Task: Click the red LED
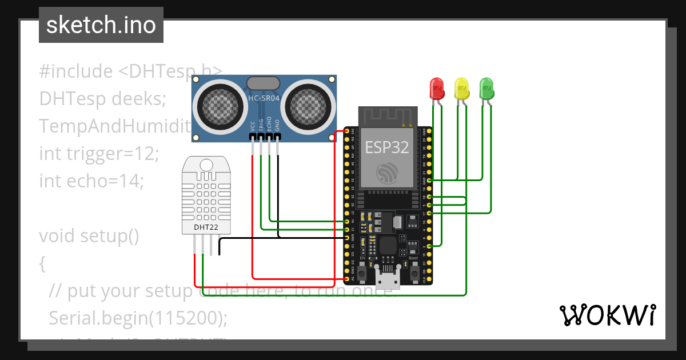coord(437,89)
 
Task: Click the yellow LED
coord(461,89)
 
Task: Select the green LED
coord(486,89)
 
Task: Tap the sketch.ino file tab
coord(101,25)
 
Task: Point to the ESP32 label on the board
coord(388,147)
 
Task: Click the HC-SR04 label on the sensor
coord(264,98)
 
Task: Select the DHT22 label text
coord(205,227)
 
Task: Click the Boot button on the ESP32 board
coord(414,269)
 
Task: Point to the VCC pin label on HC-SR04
coord(253,126)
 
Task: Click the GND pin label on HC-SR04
coord(278,126)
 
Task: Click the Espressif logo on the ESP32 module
coord(387,173)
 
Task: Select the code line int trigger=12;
coord(98,153)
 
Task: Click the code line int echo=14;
coord(91,181)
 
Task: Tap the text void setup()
coord(89,235)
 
